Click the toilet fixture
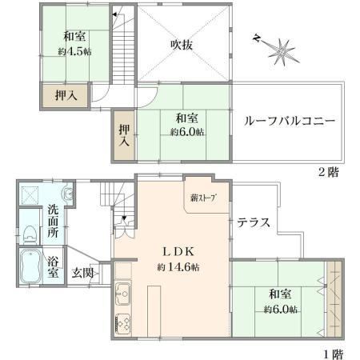(30, 234)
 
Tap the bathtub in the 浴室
(31, 266)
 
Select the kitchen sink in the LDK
(123, 294)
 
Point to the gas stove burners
(123, 324)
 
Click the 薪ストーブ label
(202, 198)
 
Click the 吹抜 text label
(182, 45)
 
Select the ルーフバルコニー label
(289, 122)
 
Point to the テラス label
(254, 222)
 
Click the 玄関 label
(82, 273)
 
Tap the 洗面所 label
(54, 222)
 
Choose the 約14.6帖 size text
(178, 267)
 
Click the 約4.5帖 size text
(75, 51)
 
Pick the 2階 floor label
(329, 172)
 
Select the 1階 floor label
(333, 354)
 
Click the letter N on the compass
(256, 38)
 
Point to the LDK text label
(178, 252)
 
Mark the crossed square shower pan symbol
(30, 195)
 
